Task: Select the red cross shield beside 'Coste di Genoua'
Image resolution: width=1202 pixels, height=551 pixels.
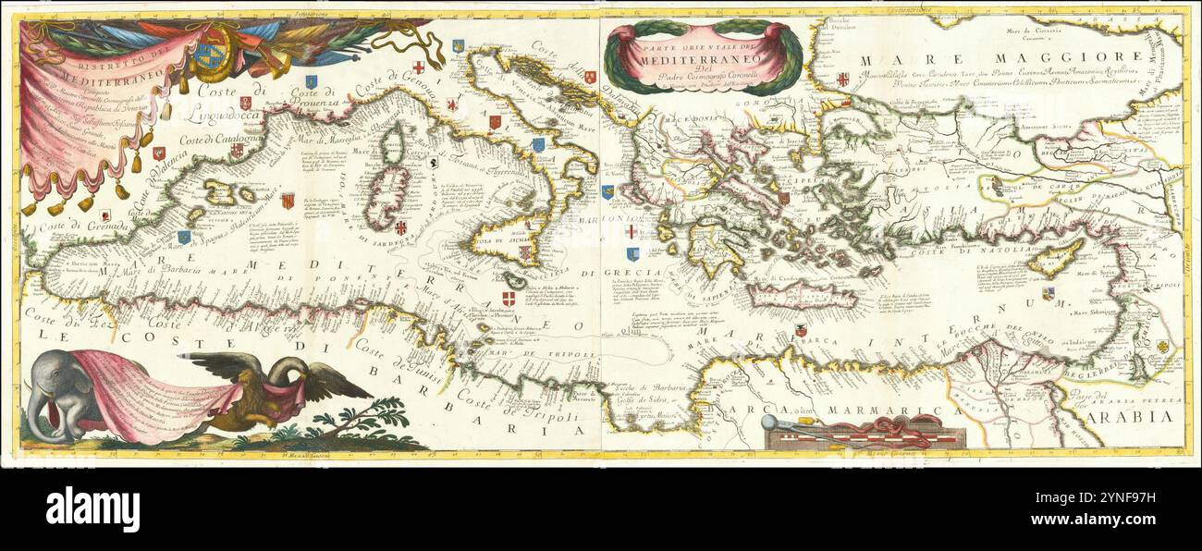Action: point(419,67)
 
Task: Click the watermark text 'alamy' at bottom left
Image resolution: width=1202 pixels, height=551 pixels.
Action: point(92,508)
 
